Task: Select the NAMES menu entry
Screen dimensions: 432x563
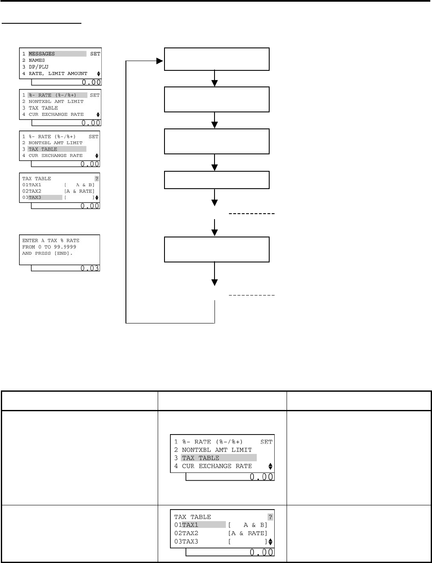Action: (36, 60)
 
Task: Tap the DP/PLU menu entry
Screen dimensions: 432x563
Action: (38, 67)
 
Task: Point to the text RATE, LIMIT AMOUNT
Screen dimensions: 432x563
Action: (58, 73)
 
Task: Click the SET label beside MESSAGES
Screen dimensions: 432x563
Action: (95, 54)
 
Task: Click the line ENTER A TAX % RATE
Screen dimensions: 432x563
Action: (50, 240)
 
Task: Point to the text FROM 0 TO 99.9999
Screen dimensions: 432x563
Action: (49, 247)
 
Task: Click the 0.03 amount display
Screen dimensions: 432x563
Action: (90, 268)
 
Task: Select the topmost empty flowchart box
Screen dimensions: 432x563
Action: (216, 59)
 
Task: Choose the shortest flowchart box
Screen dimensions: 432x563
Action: (216, 180)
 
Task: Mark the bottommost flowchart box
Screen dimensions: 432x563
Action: (216, 249)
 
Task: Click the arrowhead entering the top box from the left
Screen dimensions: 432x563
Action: (160, 61)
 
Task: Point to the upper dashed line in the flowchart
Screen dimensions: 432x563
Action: (252, 214)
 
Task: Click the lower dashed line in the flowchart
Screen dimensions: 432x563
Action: (252, 295)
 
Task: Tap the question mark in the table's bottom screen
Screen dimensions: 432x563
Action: (270, 517)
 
